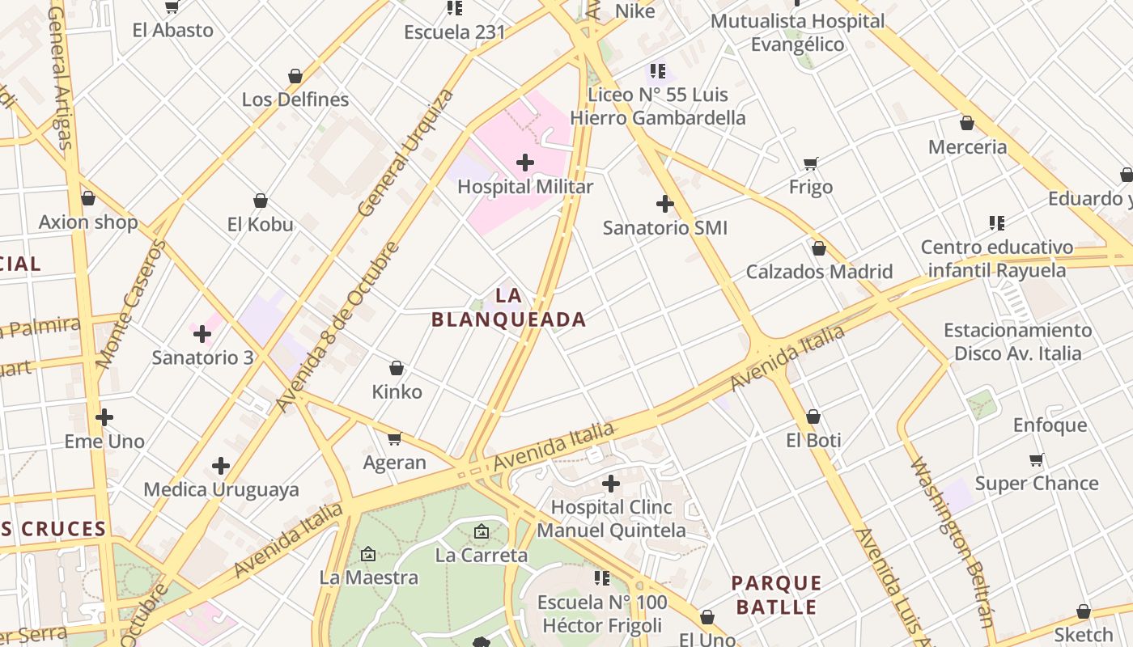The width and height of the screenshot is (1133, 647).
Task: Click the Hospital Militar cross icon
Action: [x=525, y=163]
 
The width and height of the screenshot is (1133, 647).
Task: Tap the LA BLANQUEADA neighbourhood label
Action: [x=508, y=307]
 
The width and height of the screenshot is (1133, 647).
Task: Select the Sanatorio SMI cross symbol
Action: [x=665, y=204]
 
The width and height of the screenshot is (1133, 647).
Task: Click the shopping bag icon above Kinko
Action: [x=397, y=368]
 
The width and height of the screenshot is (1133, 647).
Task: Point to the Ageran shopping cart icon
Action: [x=394, y=438]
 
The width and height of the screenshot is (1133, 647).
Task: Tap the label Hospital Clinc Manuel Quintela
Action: [x=611, y=519]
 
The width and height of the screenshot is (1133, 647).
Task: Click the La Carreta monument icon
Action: [x=482, y=531]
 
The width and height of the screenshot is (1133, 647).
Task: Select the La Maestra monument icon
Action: [x=368, y=554]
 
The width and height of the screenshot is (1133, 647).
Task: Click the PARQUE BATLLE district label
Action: [x=776, y=595]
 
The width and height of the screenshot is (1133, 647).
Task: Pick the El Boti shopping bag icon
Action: [x=813, y=417]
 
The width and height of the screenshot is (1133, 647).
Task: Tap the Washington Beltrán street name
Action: [x=952, y=542]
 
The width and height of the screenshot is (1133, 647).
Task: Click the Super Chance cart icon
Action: [x=1036, y=460]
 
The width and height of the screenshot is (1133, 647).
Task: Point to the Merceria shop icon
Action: [x=967, y=123]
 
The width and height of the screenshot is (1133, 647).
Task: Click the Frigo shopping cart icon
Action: [x=811, y=163]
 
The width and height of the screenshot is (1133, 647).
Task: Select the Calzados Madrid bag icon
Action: [x=819, y=248]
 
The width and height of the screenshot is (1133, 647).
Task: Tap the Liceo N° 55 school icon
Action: [x=657, y=71]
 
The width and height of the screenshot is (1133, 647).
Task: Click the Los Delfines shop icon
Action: [x=295, y=76]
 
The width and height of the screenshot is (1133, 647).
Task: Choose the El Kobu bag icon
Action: [x=261, y=201]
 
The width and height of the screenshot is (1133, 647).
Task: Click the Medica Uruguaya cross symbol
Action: [x=221, y=466]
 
